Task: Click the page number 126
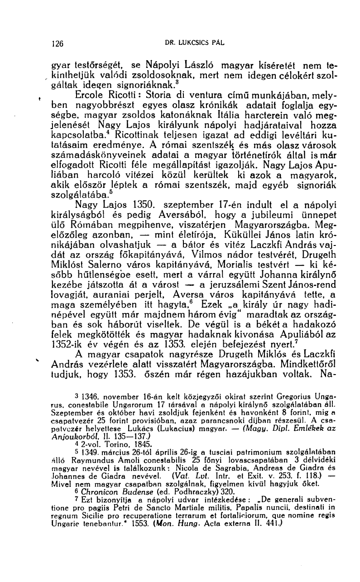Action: tap(58, 44)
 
